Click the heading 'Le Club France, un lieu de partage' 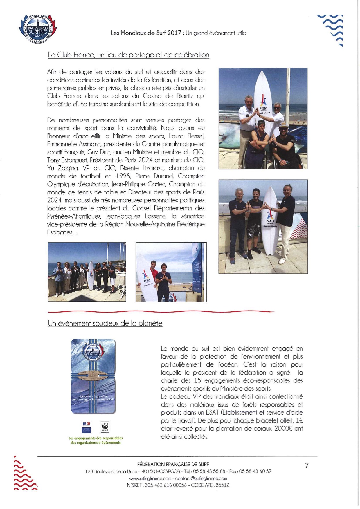[128, 55]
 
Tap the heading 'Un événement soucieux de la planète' [105, 323]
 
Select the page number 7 [307, 465]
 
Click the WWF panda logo [105, 427]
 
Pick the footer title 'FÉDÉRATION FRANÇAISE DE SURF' [173, 464]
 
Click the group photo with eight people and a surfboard [87, 272]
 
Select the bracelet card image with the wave [93, 376]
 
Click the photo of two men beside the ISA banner [171, 272]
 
